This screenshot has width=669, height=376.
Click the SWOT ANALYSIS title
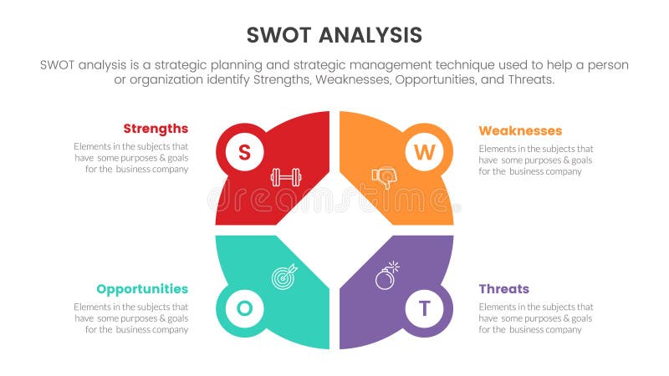(x=334, y=35)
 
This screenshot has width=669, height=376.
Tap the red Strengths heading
(x=156, y=129)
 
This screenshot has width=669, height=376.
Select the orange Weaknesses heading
(x=520, y=130)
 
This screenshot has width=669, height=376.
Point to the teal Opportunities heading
(x=142, y=289)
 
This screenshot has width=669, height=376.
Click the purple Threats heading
(x=503, y=289)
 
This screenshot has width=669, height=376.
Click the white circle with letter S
(x=244, y=152)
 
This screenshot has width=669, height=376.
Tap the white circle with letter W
(x=425, y=152)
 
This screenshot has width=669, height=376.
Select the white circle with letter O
(x=244, y=308)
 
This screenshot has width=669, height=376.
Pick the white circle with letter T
(x=425, y=308)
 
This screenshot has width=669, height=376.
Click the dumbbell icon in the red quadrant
(x=285, y=177)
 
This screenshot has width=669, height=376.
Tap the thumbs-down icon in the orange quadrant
(x=383, y=177)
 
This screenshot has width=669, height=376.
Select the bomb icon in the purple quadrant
(x=386, y=277)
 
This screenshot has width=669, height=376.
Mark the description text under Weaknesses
(x=536, y=160)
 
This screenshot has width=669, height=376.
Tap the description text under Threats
(x=536, y=318)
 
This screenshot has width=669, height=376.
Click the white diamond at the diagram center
(x=334, y=230)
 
